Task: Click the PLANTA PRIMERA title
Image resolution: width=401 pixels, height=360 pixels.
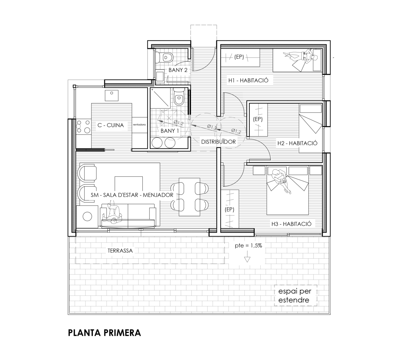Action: [x=104, y=333]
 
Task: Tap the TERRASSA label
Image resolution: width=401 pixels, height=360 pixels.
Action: [x=120, y=251]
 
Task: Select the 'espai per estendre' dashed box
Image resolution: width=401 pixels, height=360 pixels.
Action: [x=295, y=295]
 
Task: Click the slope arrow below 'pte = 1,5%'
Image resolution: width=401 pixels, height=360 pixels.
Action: [x=247, y=257]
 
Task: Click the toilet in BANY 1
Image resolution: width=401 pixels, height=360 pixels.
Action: [x=179, y=97]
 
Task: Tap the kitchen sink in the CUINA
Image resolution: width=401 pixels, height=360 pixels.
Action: [x=112, y=96]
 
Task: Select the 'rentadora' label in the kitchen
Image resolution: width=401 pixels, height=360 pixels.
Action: [x=139, y=125]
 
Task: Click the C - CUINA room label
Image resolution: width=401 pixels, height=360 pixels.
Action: [x=111, y=125]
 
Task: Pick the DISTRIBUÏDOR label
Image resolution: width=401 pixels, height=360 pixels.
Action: [x=218, y=142]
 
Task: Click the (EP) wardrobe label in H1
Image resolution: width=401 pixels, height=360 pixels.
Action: [x=239, y=57]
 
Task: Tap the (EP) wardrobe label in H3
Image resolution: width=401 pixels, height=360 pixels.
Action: [x=229, y=209]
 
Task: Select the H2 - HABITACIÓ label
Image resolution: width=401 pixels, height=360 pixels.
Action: [x=297, y=143]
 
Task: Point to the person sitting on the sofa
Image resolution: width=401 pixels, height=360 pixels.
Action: [x=113, y=213]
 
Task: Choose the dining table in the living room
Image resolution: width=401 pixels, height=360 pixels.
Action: [x=189, y=197]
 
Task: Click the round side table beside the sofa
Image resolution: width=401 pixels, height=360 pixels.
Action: [x=87, y=216]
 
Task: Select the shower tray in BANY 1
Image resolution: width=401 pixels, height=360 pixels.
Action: [x=160, y=98]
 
